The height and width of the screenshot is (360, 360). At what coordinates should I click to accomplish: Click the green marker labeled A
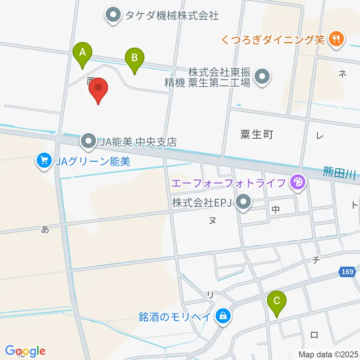pos(83,54)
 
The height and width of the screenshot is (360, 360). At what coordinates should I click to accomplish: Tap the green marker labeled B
pos(134,60)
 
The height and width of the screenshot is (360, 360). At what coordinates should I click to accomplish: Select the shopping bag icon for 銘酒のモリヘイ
pos(223,316)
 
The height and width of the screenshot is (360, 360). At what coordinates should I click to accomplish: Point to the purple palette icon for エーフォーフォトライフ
pos(298,183)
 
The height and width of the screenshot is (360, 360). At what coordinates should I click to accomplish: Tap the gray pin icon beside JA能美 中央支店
pos(88,141)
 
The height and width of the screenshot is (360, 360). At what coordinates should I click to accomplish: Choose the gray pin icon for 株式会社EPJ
pos(244,202)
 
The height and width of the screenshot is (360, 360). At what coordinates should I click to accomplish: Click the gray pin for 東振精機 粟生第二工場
pos(262,77)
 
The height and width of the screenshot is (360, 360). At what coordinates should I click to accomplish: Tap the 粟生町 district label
pos(256,134)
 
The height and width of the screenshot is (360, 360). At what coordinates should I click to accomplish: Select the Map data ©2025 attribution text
pos(328,354)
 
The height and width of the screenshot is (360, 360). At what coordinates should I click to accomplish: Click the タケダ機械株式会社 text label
pos(172,15)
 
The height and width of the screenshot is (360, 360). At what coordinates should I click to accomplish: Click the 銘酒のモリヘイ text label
pos(174,316)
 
